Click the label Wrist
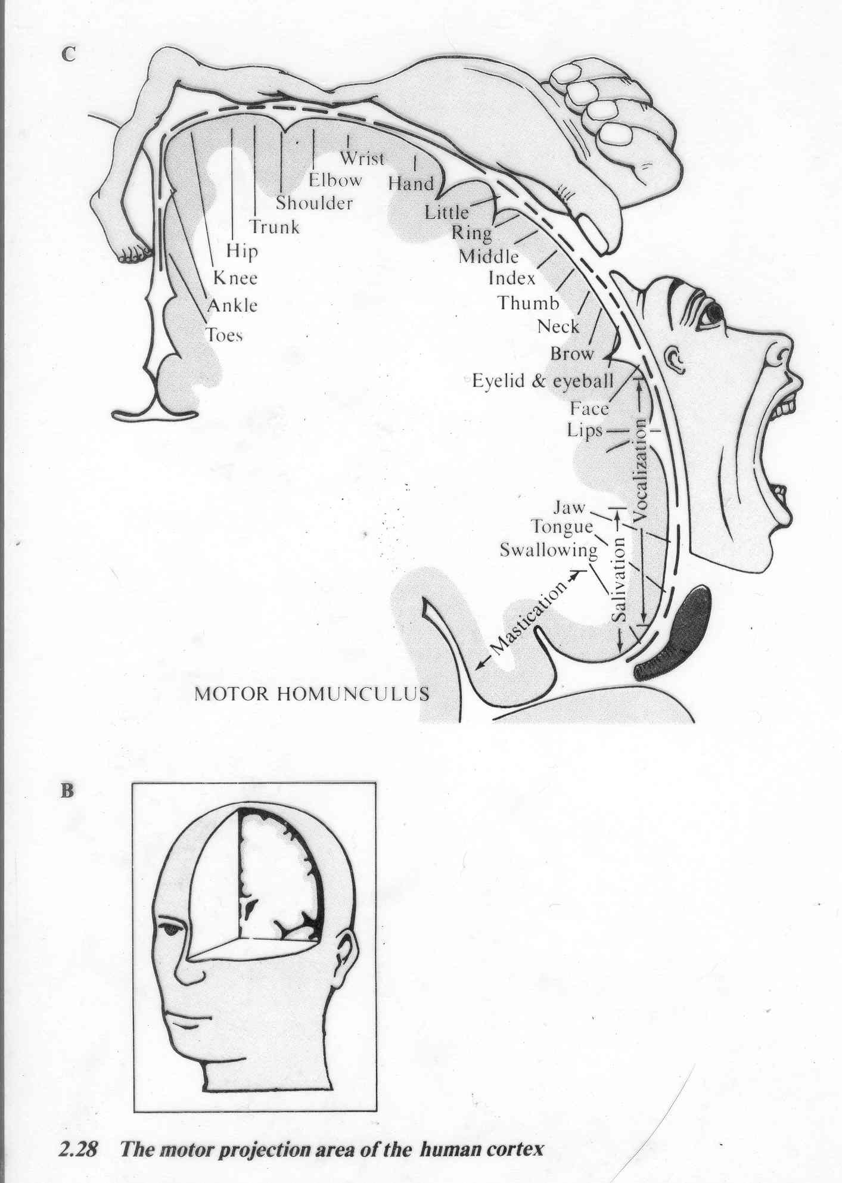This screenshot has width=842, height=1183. [362, 159]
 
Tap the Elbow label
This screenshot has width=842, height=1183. [335, 180]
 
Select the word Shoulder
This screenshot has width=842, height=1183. [314, 203]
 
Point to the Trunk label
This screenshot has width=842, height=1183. [275, 227]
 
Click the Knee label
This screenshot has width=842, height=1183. [235, 278]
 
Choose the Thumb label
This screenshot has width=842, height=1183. [529, 303]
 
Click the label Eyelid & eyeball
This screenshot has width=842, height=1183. [542, 381]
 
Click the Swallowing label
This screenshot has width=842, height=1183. [548, 550]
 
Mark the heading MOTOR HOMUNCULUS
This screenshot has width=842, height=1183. [312, 693]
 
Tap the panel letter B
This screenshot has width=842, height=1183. [67, 791]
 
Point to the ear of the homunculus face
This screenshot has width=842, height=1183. [676, 359]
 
